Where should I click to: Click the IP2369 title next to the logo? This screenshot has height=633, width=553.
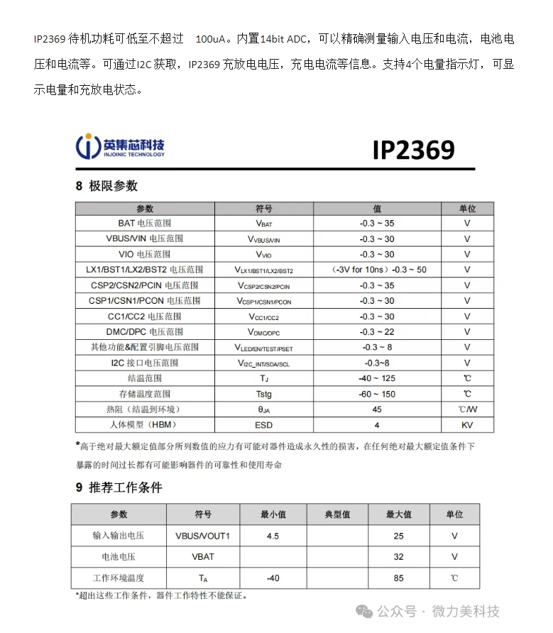pyautogui.click(x=413, y=150)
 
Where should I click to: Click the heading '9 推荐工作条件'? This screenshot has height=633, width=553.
pyautogui.click(x=119, y=488)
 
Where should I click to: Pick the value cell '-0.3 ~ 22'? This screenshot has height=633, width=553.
pyautogui.click(x=376, y=331)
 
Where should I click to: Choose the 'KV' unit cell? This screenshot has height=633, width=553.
pyautogui.click(x=467, y=425)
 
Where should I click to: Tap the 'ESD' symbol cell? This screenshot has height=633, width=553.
pyautogui.click(x=263, y=425)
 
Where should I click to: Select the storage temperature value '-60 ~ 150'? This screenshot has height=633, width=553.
pyautogui.click(x=377, y=394)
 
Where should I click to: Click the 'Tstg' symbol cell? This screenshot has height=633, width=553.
pyautogui.click(x=263, y=394)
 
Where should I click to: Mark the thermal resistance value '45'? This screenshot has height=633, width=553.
pyautogui.click(x=377, y=409)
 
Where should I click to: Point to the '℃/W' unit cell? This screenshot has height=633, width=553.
pyautogui.click(x=467, y=409)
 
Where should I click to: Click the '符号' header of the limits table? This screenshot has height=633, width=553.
pyautogui.click(x=263, y=209)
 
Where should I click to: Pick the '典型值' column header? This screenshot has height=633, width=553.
pyautogui.click(x=337, y=514)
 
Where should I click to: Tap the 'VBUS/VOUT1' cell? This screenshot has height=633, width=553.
pyautogui.click(x=202, y=536)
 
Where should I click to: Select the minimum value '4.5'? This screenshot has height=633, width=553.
pyautogui.click(x=273, y=536)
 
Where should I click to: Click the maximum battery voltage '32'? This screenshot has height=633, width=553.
pyautogui.click(x=398, y=557)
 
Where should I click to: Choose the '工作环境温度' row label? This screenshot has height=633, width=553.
pyautogui.click(x=119, y=578)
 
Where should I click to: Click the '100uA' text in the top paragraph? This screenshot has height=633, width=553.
pyautogui.click(x=211, y=38)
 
